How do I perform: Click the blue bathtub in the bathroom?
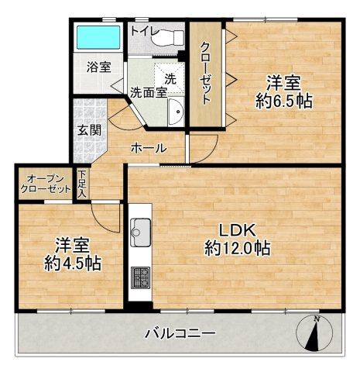(x=98, y=37)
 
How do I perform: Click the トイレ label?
(x=145, y=31)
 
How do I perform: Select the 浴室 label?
(x=98, y=67)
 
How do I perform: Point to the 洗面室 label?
(x=148, y=91)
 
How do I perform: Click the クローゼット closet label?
(x=205, y=70)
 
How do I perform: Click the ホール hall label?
(x=148, y=147)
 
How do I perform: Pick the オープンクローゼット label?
(x=44, y=183)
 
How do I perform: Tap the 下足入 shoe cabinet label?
(x=81, y=186)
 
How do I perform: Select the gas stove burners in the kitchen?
(x=142, y=277)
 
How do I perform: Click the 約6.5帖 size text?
(x=285, y=100)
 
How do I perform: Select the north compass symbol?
(x=313, y=334)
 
